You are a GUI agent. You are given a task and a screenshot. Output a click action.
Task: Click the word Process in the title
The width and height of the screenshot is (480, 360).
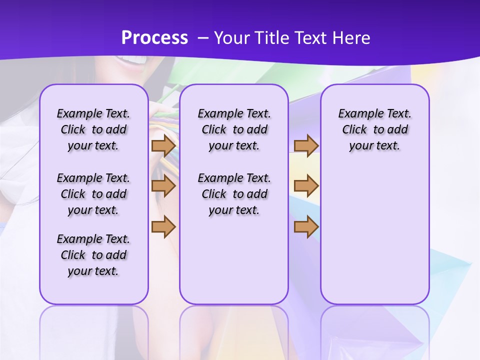coord(154,37)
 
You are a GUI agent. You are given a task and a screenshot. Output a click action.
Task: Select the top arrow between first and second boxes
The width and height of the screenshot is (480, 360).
coord(163,146)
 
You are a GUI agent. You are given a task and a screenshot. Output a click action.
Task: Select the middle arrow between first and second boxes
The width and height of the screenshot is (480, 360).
coord(163,186)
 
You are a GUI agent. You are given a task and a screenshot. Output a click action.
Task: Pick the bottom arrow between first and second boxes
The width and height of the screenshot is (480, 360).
coord(163,226)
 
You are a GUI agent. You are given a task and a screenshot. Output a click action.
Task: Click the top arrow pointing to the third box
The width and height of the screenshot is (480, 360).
coord(306,146)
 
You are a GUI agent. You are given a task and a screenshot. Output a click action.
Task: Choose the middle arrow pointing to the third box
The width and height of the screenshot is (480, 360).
coord(306,186)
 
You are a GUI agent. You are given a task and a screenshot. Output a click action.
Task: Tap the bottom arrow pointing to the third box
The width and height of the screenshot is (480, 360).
coord(306,226)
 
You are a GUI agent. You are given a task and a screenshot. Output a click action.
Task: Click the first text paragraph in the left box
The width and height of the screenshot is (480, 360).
coord(93,129)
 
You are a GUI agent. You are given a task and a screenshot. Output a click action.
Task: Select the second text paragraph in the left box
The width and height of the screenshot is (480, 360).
coord(93,194)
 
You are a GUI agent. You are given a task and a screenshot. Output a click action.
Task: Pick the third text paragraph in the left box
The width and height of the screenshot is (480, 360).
coord(93,255)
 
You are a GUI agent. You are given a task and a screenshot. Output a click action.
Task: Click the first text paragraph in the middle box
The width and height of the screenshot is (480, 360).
coord(234,129)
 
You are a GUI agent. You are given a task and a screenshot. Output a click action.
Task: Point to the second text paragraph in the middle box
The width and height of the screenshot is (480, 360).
coord(234,194)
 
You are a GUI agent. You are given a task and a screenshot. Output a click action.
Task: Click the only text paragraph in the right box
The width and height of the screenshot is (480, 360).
coord(374,129)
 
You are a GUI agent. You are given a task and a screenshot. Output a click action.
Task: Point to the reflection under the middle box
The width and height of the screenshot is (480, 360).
coord(234,330)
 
